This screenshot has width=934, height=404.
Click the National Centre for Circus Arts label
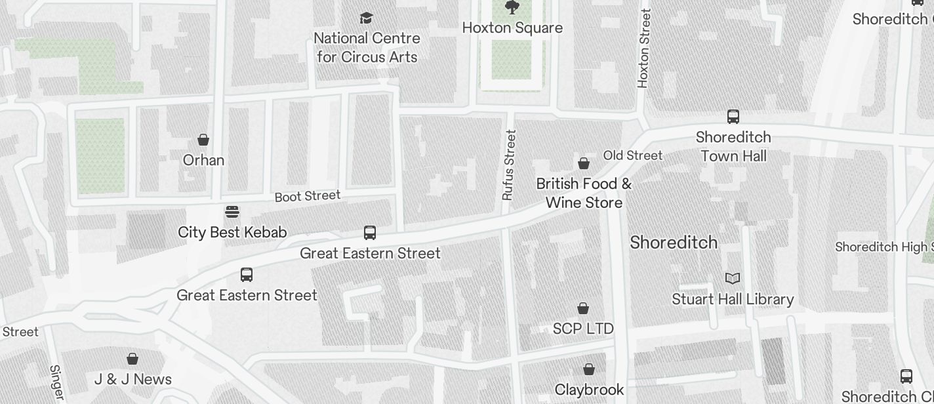click(x=367, y=48)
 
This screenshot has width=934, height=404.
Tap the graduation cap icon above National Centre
click(x=366, y=18)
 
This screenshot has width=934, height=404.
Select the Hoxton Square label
click(x=512, y=28)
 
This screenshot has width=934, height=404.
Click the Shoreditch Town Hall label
click(x=733, y=147)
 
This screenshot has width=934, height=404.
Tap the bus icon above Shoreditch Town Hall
click(x=733, y=117)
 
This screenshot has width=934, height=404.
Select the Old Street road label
click(x=633, y=155)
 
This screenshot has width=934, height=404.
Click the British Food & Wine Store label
click(x=584, y=193)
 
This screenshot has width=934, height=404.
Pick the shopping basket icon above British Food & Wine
click(x=584, y=163)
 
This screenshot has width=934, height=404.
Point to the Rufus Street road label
click(x=508, y=165)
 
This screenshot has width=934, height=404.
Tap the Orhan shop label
click(x=203, y=160)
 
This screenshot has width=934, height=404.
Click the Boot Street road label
click(x=308, y=196)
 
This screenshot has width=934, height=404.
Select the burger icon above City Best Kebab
click(x=232, y=212)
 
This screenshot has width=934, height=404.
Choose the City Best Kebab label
click(x=232, y=232)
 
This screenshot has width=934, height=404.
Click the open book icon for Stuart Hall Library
click(x=733, y=279)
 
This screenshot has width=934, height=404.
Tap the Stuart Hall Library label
click(x=733, y=300)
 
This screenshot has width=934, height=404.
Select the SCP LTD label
click(x=583, y=329)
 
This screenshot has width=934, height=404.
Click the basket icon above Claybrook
click(x=589, y=369)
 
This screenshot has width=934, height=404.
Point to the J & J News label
click(x=133, y=379)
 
